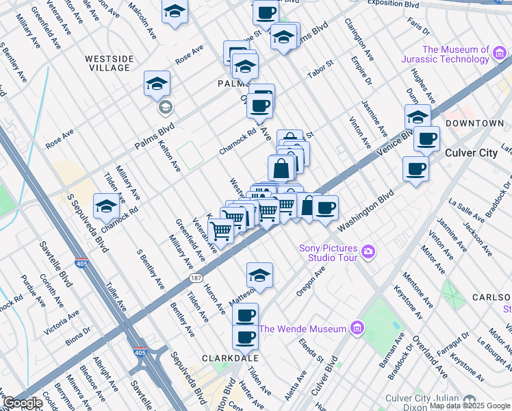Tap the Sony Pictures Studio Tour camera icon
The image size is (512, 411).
point(369,251)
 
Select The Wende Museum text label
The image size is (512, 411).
point(303,329)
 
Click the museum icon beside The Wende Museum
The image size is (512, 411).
point(356,329)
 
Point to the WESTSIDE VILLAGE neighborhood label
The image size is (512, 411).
point(108,63)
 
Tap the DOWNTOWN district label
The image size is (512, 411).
point(474,123)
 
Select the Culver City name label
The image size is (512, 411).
point(471,153)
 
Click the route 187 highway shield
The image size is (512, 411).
point(196,277)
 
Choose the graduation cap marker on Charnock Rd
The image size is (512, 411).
point(106,206)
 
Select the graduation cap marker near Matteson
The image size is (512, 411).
point(259,276)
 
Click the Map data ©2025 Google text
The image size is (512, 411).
point(469,406)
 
